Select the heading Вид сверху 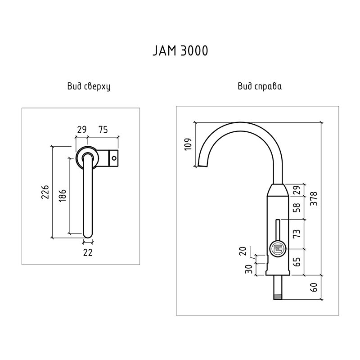tap(89, 86)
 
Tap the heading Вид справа tap(260, 86)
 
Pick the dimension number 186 tap(63, 195)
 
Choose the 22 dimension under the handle tap(88, 253)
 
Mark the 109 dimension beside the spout tap(189, 144)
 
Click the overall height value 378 tap(315, 198)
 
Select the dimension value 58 tap(297, 207)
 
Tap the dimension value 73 tap(297, 234)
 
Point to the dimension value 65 tap(297, 262)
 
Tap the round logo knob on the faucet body tap(277, 249)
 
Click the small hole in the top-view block tap(114, 158)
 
